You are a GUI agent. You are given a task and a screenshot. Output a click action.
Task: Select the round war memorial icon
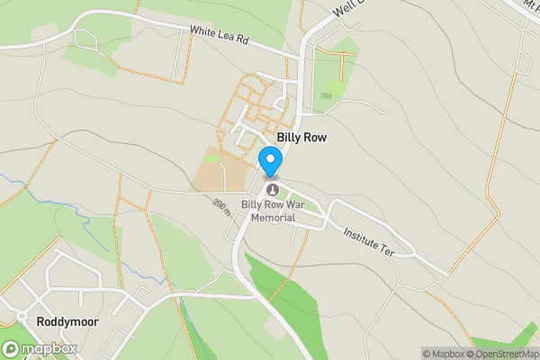(273, 189)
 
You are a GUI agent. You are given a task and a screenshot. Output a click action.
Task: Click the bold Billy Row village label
(301, 138)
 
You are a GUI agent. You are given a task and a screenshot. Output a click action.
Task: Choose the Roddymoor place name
(67, 320)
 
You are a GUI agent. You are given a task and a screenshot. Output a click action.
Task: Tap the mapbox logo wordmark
(49, 349)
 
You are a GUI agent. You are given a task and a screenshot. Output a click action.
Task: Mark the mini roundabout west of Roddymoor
(20, 317)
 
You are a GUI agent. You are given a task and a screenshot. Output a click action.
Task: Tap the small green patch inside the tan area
(212, 158)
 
